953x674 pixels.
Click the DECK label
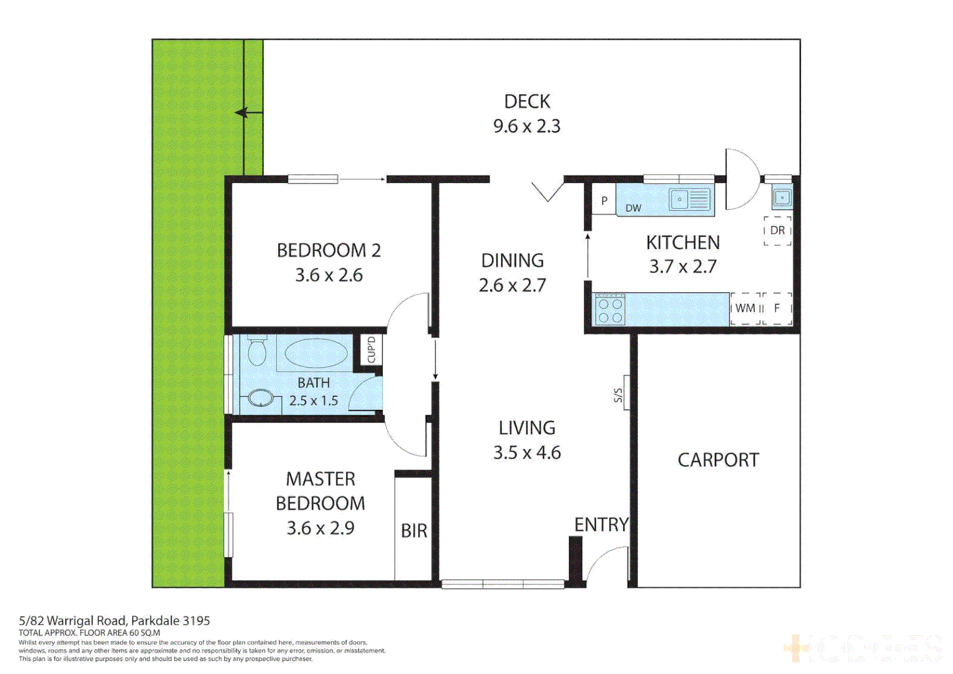527,101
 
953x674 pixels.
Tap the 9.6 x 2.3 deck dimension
527,126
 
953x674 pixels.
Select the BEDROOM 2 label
329,250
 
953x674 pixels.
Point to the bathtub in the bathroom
316,354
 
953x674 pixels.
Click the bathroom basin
261,398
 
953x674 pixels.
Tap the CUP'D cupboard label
371,350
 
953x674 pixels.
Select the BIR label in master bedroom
414,531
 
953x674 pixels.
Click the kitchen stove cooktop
610,310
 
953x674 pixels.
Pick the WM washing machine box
745,308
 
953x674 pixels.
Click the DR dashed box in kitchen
777,230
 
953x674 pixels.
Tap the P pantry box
604,201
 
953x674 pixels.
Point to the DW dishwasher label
633,208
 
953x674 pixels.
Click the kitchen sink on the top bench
689,200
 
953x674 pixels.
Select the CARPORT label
718,460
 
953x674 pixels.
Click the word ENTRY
601,525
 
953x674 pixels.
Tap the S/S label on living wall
619,395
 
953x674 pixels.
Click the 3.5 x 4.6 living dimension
527,452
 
